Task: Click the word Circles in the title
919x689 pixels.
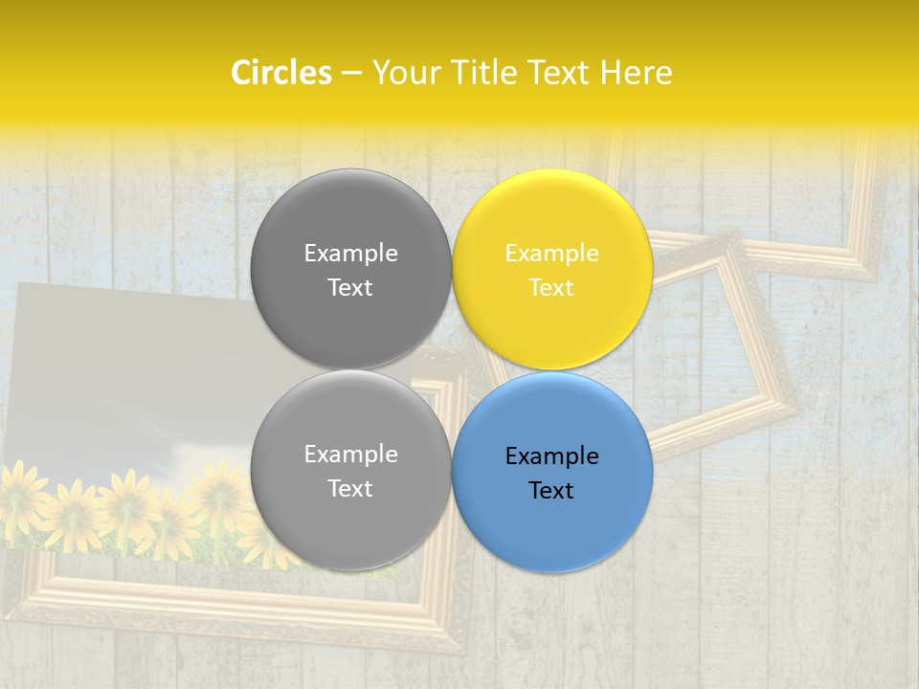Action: (x=280, y=73)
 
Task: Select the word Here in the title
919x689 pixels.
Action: (x=636, y=73)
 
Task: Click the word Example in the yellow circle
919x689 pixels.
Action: (x=551, y=254)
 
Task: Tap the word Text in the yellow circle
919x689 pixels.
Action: (x=551, y=288)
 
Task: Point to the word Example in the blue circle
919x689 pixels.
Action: (x=551, y=456)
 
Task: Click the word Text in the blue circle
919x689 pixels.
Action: (x=551, y=491)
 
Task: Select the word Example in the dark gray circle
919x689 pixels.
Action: (x=350, y=254)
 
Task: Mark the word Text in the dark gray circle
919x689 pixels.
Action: (x=350, y=288)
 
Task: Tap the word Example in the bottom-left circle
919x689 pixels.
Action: (x=350, y=455)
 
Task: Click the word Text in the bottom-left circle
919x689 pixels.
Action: (x=350, y=489)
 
